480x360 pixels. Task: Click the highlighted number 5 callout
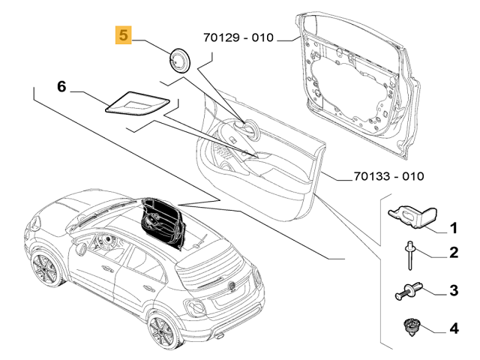pos(121,34)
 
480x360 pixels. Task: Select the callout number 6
pos(62,87)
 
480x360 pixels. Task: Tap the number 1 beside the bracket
pos(453,227)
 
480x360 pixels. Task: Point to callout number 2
pos(453,253)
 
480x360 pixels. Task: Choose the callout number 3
pos(453,289)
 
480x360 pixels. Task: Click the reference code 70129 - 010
pos(238,36)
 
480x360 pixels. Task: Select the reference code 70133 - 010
pos(388,177)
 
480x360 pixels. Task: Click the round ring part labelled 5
pos(179,58)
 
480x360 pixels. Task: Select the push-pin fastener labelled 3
pos(409,290)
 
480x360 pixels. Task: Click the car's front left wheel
pos(45,272)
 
